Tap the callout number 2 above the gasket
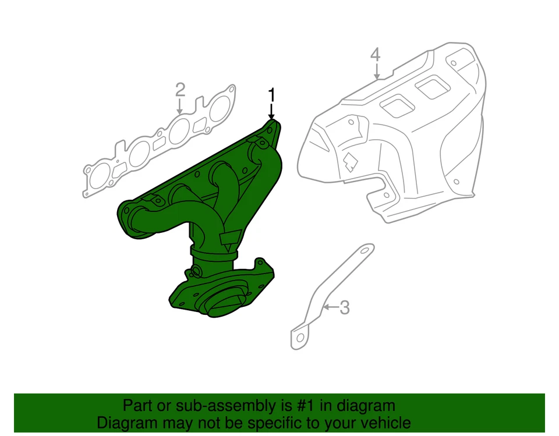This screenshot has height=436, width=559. point(180,90)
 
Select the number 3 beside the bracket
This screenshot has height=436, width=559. point(344,307)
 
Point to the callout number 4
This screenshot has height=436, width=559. point(376,55)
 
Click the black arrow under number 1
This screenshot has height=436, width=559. point(271,111)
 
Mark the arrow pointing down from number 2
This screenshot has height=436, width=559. point(180,107)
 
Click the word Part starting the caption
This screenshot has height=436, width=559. point(136,406)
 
